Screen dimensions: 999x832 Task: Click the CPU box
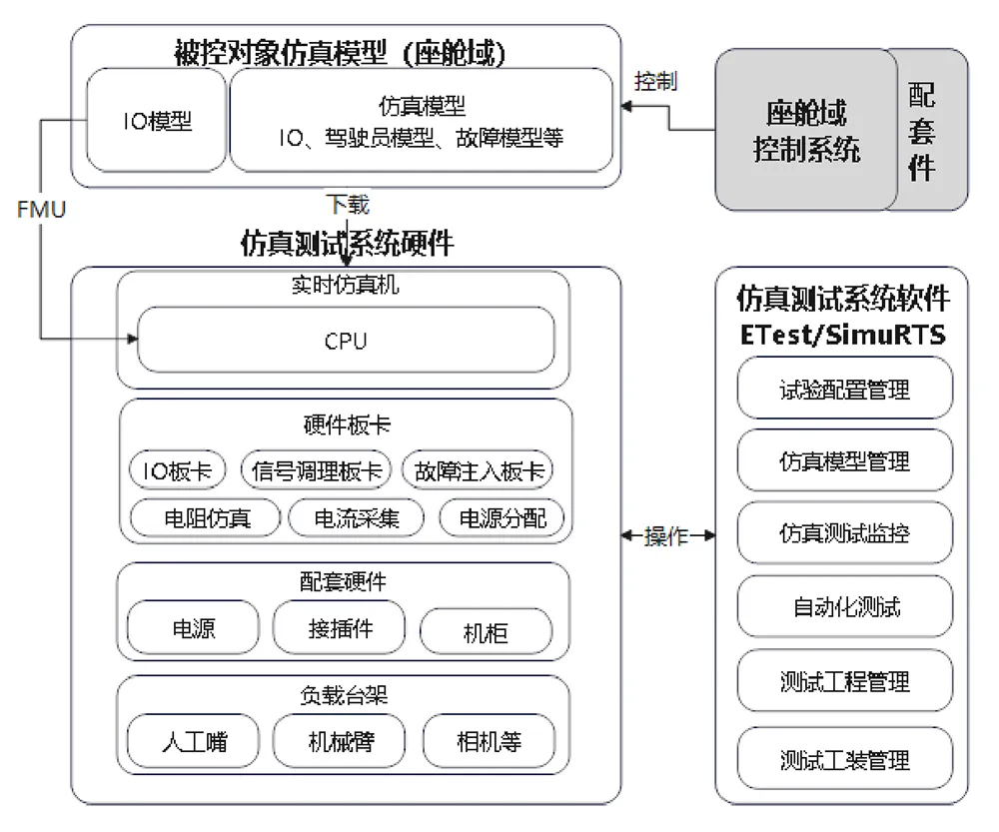346,341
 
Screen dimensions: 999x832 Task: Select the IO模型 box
157,121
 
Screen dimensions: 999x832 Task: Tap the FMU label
41,210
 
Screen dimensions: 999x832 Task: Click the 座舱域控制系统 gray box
806,130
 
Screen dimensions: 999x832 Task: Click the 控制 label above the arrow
655,82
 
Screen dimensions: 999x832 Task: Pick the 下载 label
348,205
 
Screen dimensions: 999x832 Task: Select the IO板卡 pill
178,470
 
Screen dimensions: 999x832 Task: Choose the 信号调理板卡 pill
316,470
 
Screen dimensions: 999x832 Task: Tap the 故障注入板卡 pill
478,470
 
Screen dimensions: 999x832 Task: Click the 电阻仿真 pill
205,518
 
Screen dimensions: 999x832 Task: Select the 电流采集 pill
357,518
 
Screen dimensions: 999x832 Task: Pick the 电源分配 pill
502,518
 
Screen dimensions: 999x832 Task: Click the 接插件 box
339,627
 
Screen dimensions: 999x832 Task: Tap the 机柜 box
486,631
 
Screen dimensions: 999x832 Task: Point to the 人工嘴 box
194,741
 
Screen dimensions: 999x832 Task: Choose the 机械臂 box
339,741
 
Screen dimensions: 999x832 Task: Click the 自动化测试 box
845,606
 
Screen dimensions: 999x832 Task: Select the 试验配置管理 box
845,388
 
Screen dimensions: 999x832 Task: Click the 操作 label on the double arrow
666,535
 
